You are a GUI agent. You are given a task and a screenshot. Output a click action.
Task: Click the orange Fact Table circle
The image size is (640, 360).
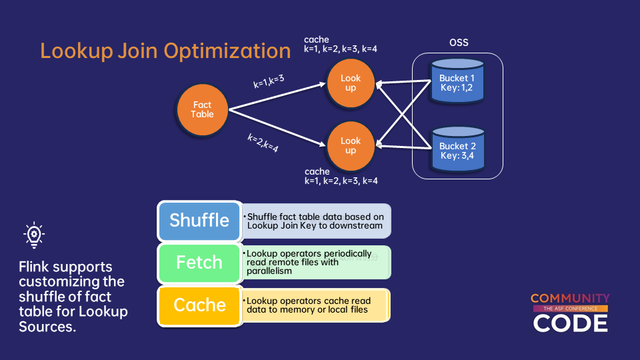pyautogui.click(x=203, y=109)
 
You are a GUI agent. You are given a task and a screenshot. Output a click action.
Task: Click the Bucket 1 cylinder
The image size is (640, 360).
pyautogui.click(x=457, y=82)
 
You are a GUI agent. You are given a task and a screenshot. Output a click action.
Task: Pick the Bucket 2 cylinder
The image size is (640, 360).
pyautogui.click(x=457, y=150)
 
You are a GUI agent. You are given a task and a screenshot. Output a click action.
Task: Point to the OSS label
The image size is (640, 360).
pyautogui.click(x=459, y=43)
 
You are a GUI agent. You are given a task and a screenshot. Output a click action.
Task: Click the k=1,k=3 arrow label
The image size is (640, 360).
pyautogui.click(x=269, y=82)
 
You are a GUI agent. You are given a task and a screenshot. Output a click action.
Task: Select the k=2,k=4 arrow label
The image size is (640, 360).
pyautogui.click(x=263, y=143)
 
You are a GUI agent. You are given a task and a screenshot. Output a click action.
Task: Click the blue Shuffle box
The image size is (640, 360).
pyautogui.click(x=199, y=221)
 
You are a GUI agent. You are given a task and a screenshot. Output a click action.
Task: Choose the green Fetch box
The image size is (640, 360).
pyautogui.click(x=199, y=263)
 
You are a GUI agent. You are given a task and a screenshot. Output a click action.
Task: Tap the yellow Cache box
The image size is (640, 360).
pyautogui.click(x=199, y=305)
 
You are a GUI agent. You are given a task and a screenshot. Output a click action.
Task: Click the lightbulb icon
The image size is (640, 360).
pyautogui.click(x=34, y=235)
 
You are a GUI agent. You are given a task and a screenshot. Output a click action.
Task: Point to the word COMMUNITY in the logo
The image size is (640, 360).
pyautogui.click(x=570, y=299)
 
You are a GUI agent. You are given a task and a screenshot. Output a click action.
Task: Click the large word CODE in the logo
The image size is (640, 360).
pyautogui.click(x=570, y=323)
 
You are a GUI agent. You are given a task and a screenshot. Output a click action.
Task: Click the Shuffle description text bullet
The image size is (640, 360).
pyautogui.click(x=315, y=221)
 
